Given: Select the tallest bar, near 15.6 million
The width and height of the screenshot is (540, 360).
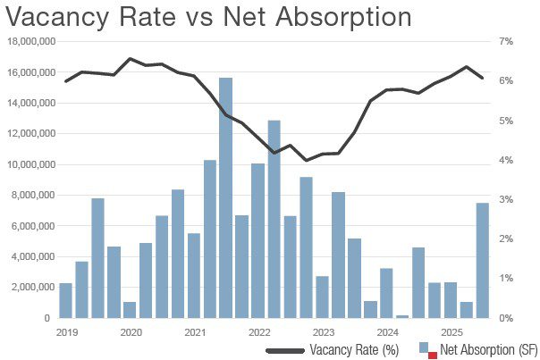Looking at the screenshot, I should click(225, 197).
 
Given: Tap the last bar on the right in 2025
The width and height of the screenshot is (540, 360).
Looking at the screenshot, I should click(482, 260).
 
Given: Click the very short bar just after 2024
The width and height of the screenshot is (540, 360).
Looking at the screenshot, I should click(402, 316).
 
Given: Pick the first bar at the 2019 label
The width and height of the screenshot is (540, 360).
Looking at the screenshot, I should click(65, 300).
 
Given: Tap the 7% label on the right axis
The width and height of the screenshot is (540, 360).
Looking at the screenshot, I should click(504, 42).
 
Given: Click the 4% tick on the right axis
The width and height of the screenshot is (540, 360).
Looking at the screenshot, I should click(504, 160).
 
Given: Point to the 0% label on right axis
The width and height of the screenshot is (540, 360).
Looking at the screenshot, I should click(504, 318).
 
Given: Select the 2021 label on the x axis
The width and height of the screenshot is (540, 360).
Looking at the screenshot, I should click(195, 332).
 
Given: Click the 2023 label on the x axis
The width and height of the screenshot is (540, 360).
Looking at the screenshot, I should click(324, 332).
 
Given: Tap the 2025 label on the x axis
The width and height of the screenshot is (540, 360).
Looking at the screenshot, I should click(451, 332).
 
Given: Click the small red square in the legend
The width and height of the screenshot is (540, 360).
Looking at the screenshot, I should click(431, 355).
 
